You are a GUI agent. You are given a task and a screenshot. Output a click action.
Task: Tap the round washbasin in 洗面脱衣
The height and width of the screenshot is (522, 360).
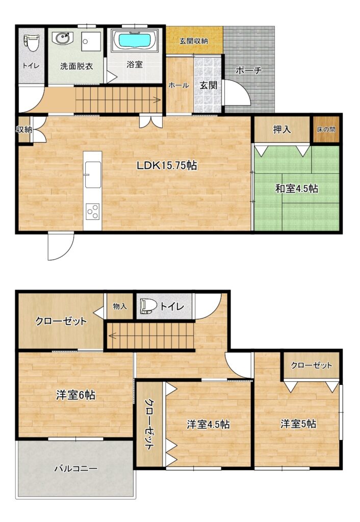[x=62, y=38]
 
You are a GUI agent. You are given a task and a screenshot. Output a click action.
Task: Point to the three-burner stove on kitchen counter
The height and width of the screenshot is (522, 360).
[x=93, y=211]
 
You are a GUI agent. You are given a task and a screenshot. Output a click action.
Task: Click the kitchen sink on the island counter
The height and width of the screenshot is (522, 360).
[x=93, y=175]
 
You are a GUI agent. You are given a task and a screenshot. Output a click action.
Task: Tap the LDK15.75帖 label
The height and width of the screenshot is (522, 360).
[x=167, y=166]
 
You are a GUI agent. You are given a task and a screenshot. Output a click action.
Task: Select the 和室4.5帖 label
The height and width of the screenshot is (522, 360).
[x=296, y=189]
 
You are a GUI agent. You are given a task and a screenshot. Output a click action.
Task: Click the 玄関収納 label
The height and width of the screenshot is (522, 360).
[x=194, y=41]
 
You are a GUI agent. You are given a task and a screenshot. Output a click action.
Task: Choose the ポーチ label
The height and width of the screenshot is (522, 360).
[x=249, y=70]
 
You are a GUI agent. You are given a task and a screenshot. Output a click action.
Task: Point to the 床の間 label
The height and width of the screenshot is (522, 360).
[x=326, y=129]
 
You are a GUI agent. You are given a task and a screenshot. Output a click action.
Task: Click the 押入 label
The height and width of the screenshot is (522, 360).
[x=282, y=129]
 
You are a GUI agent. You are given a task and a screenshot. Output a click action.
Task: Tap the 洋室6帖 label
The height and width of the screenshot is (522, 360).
[x=75, y=395]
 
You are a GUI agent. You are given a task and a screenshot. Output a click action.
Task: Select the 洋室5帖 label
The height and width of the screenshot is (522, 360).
[x=298, y=424]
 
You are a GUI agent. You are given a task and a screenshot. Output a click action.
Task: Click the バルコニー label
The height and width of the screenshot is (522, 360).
[x=76, y=469]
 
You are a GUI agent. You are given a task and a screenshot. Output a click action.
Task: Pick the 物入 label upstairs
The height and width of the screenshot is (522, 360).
[x=119, y=306]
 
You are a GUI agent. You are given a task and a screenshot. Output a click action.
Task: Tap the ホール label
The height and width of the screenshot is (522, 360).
[x=179, y=86]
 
